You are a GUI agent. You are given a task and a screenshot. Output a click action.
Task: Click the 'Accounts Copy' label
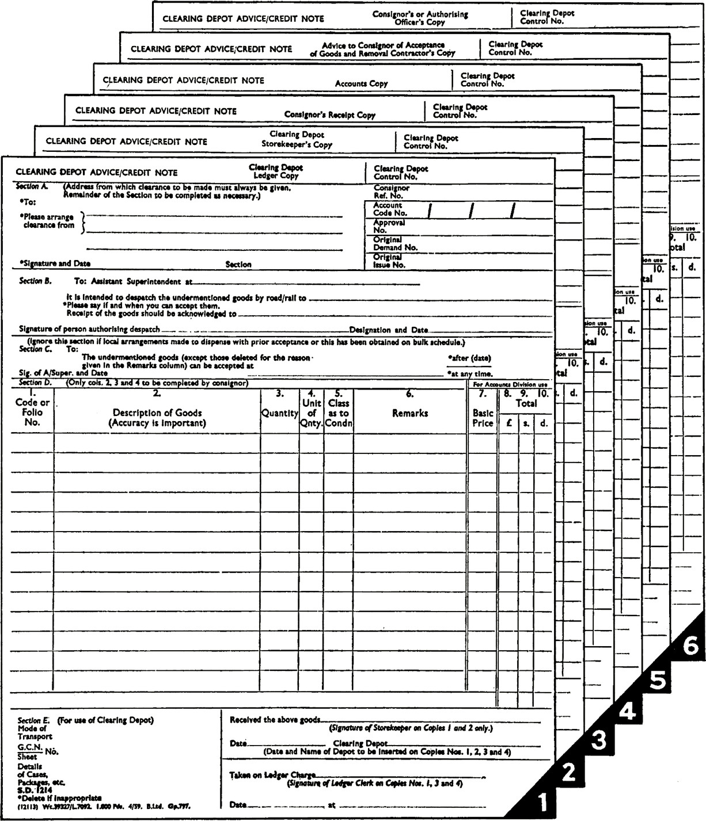(361, 83)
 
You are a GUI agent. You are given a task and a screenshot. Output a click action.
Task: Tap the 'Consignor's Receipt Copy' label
(329, 114)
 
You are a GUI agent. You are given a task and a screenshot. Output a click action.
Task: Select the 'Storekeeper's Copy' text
(297, 144)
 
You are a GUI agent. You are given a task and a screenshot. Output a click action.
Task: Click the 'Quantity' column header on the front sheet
(280, 413)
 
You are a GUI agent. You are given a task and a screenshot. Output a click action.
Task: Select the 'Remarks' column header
(410, 413)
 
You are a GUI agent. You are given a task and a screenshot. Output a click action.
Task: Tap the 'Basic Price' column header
(483, 418)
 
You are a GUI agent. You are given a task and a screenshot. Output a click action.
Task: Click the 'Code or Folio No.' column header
(32, 412)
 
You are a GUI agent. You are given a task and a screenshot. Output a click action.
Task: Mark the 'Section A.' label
(32, 186)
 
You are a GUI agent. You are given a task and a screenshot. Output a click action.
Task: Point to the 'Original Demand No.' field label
(395, 243)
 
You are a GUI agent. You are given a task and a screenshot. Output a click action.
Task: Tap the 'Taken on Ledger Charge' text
(272, 775)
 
